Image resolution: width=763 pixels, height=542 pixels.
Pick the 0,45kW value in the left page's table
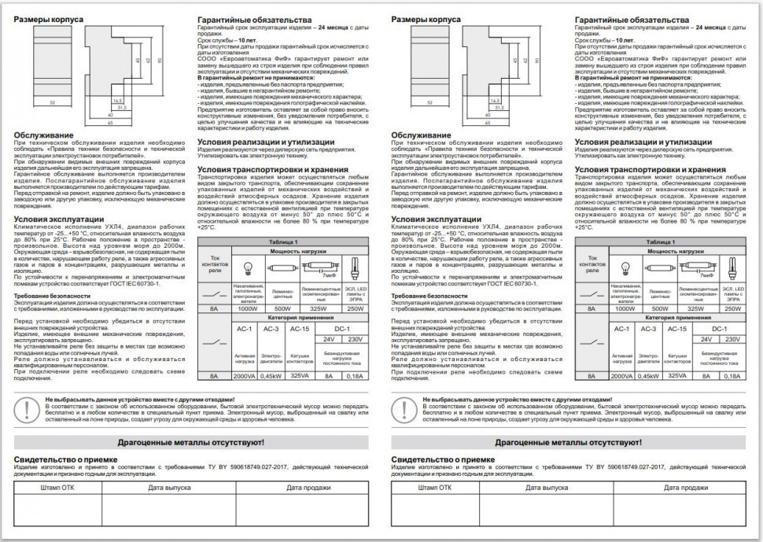click(271, 377)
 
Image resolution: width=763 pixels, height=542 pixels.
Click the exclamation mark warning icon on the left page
click(29, 408)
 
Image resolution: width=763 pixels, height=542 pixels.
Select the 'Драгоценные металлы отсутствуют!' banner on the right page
click(570, 443)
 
